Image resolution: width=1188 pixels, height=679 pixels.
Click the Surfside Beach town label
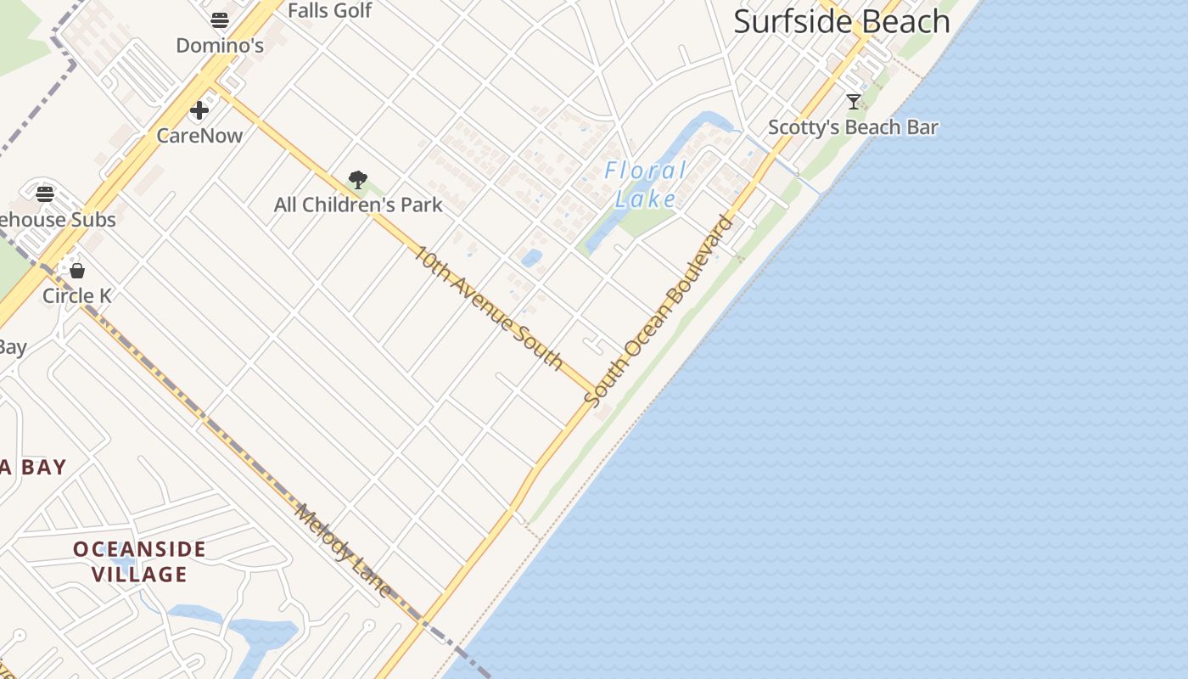(841, 22)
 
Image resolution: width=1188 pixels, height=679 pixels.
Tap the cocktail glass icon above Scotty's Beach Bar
(854, 102)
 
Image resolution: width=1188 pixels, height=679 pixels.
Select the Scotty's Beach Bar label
(853, 127)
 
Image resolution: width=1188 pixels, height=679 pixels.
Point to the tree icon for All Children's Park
(358, 180)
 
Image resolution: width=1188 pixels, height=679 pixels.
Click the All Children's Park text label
(358, 205)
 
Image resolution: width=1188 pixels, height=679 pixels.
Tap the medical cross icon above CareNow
(199, 110)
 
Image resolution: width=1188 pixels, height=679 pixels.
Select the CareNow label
(199, 135)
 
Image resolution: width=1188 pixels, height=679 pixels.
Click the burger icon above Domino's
(220, 20)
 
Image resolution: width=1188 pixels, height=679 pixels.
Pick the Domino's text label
(220, 45)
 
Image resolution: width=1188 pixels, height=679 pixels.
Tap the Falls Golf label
(329, 10)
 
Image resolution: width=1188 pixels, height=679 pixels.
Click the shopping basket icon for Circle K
(77, 271)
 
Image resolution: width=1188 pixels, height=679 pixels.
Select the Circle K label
(77, 295)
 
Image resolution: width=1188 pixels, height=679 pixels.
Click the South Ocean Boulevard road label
(659, 311)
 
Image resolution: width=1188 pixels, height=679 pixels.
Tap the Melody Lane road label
(344, 550)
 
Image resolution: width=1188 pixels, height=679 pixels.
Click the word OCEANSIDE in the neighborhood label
(139, 549)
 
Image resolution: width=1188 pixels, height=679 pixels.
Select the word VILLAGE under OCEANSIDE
(139, 575)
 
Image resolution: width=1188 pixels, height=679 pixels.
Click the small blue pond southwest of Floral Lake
(531, 258)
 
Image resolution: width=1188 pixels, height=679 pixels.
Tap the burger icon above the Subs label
(45, 194)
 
